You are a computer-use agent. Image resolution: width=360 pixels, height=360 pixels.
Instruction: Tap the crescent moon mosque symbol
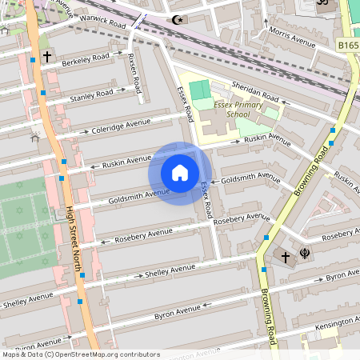[176, 20]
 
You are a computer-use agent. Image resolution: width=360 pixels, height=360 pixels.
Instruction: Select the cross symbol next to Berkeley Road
[47, 58]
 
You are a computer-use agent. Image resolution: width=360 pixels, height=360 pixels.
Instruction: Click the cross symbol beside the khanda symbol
[285, 257]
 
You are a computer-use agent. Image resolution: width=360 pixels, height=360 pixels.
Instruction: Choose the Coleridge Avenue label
[121, 125]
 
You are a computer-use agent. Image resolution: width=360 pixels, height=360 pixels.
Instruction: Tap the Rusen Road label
[135, 72]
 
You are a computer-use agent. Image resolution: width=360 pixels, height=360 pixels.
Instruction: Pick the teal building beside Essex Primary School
[197, 90]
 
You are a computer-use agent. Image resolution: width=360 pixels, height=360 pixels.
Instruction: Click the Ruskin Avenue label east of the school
[266, 139]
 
